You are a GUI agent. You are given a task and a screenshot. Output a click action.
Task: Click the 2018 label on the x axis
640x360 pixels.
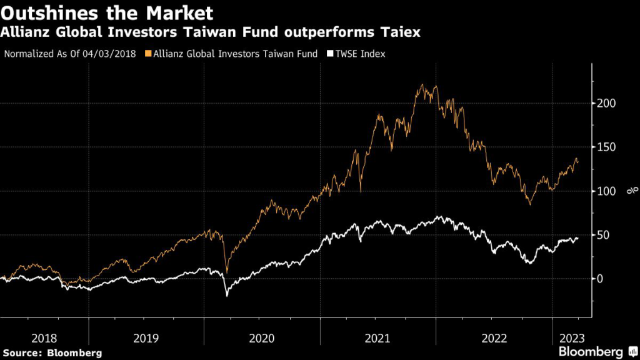44,338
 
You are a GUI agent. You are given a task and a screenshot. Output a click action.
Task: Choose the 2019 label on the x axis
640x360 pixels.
146,338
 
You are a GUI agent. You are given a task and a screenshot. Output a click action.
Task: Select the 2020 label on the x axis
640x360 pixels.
262,338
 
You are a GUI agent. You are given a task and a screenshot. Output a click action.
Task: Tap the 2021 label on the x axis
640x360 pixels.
378,338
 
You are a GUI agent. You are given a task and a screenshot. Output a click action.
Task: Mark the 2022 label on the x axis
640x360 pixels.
494,338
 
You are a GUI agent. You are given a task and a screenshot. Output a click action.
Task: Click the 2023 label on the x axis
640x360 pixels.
570,338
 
